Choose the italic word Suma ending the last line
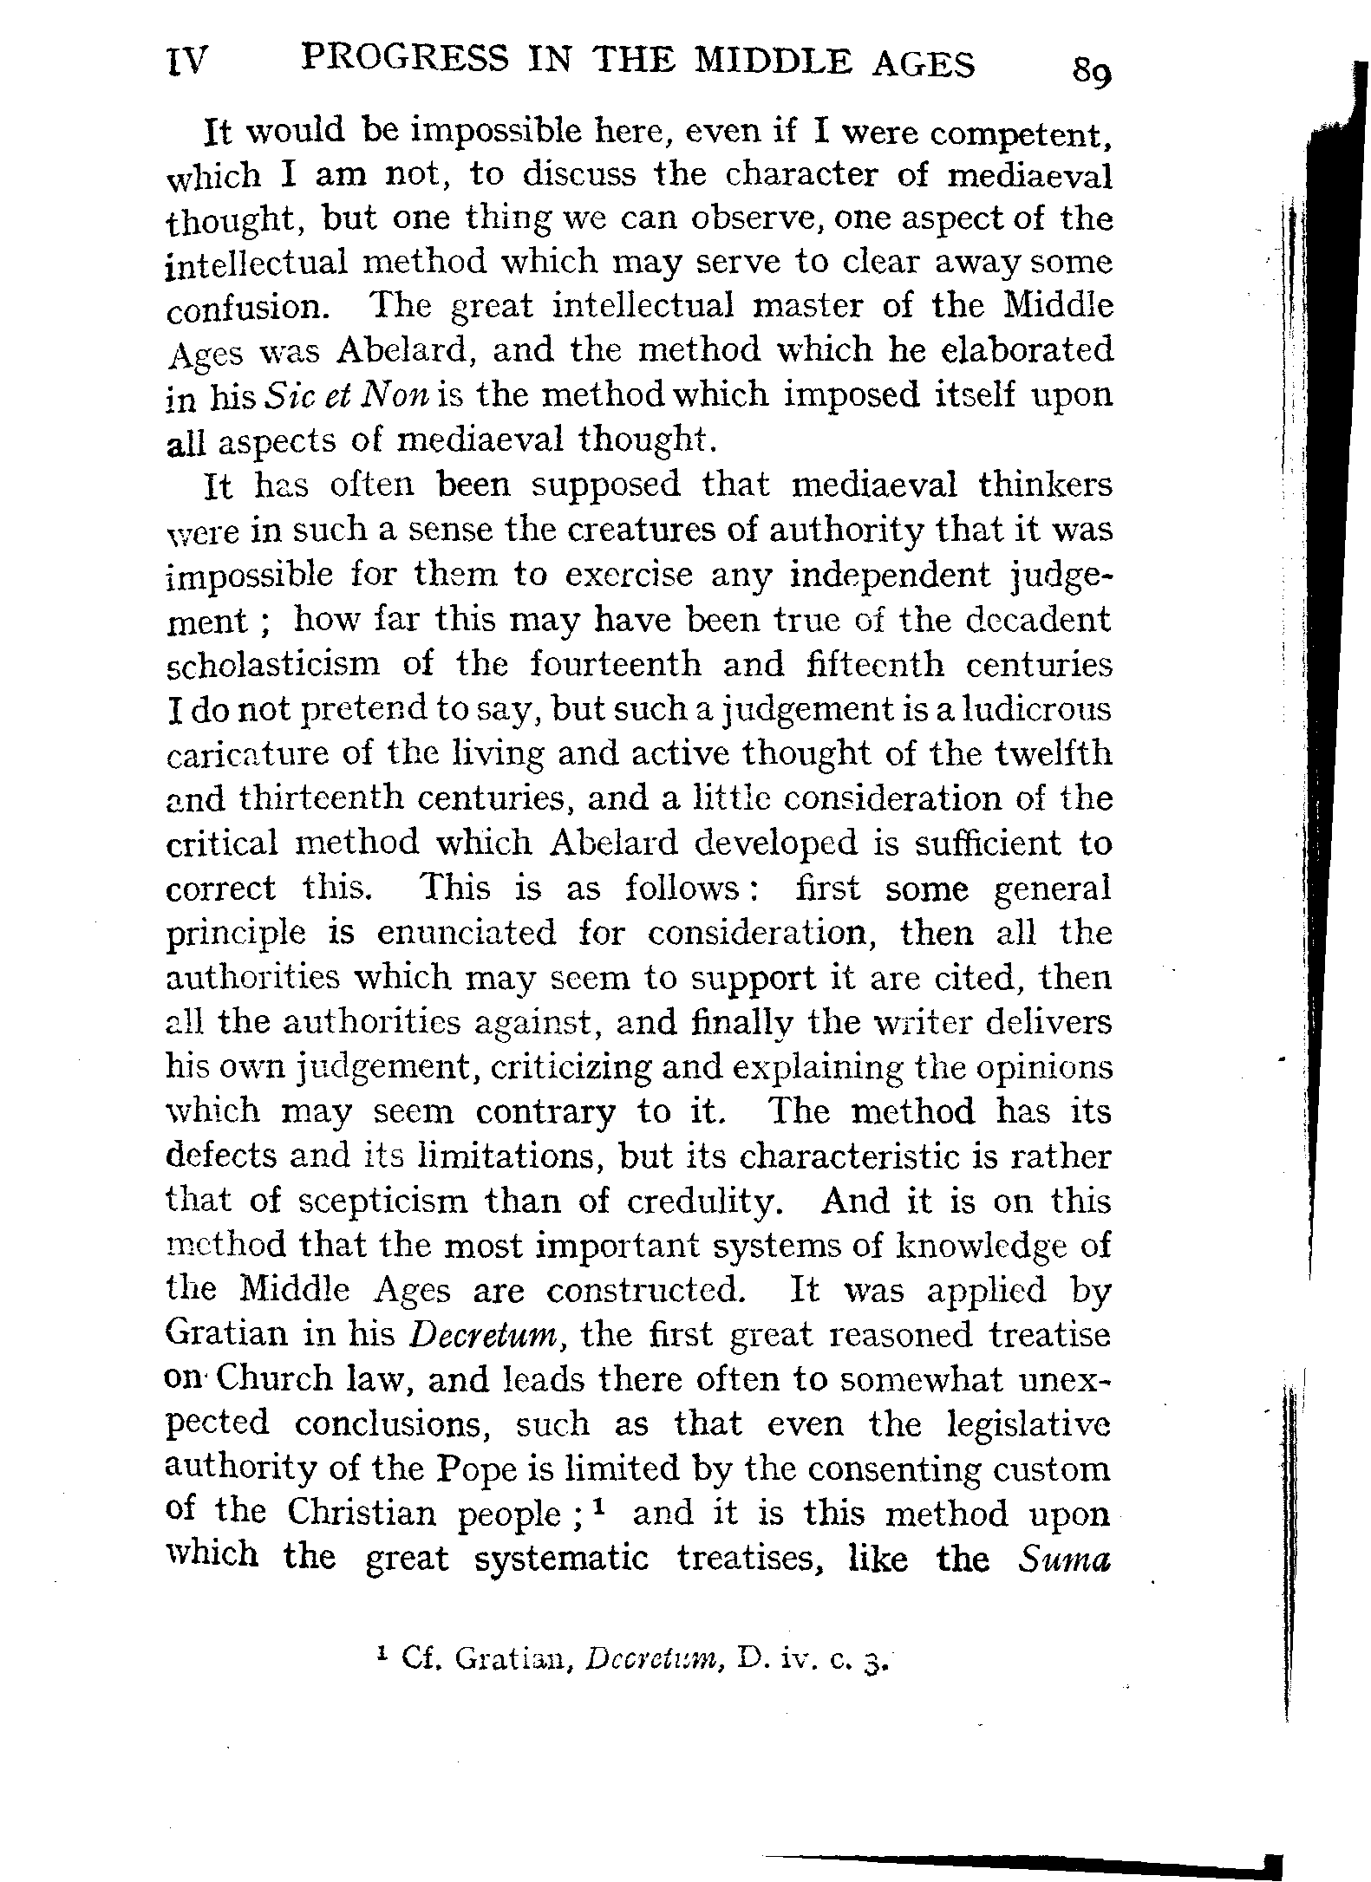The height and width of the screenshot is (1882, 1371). coord(1065,1558)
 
